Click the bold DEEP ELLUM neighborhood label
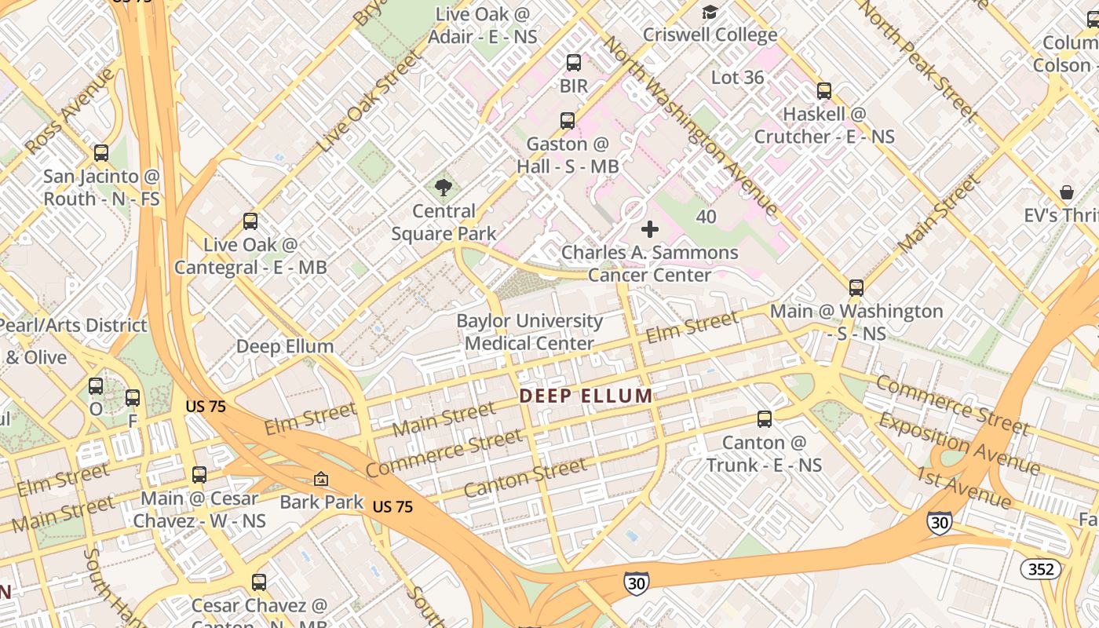click(586, 396)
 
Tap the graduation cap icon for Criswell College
click(710, 12)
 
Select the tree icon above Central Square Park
click(444, 187)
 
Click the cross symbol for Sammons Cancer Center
click(650, 229)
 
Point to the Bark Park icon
click(320, 478)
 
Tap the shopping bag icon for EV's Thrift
click(1067, 192)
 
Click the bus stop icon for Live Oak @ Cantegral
click(250, 221)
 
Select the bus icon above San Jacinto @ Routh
click(101, 153)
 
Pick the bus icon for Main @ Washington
click(856, 288)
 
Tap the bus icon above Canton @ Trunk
click(764, 419)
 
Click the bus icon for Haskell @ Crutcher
click(823, 91)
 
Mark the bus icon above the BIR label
click(574, 63)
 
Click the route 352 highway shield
click(1041, 569)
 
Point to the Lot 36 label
click(737, 78)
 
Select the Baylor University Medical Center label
click(530, 332)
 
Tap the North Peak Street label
click(917, 60)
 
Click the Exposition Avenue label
click(958, 444)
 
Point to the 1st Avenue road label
click(963, 486)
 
